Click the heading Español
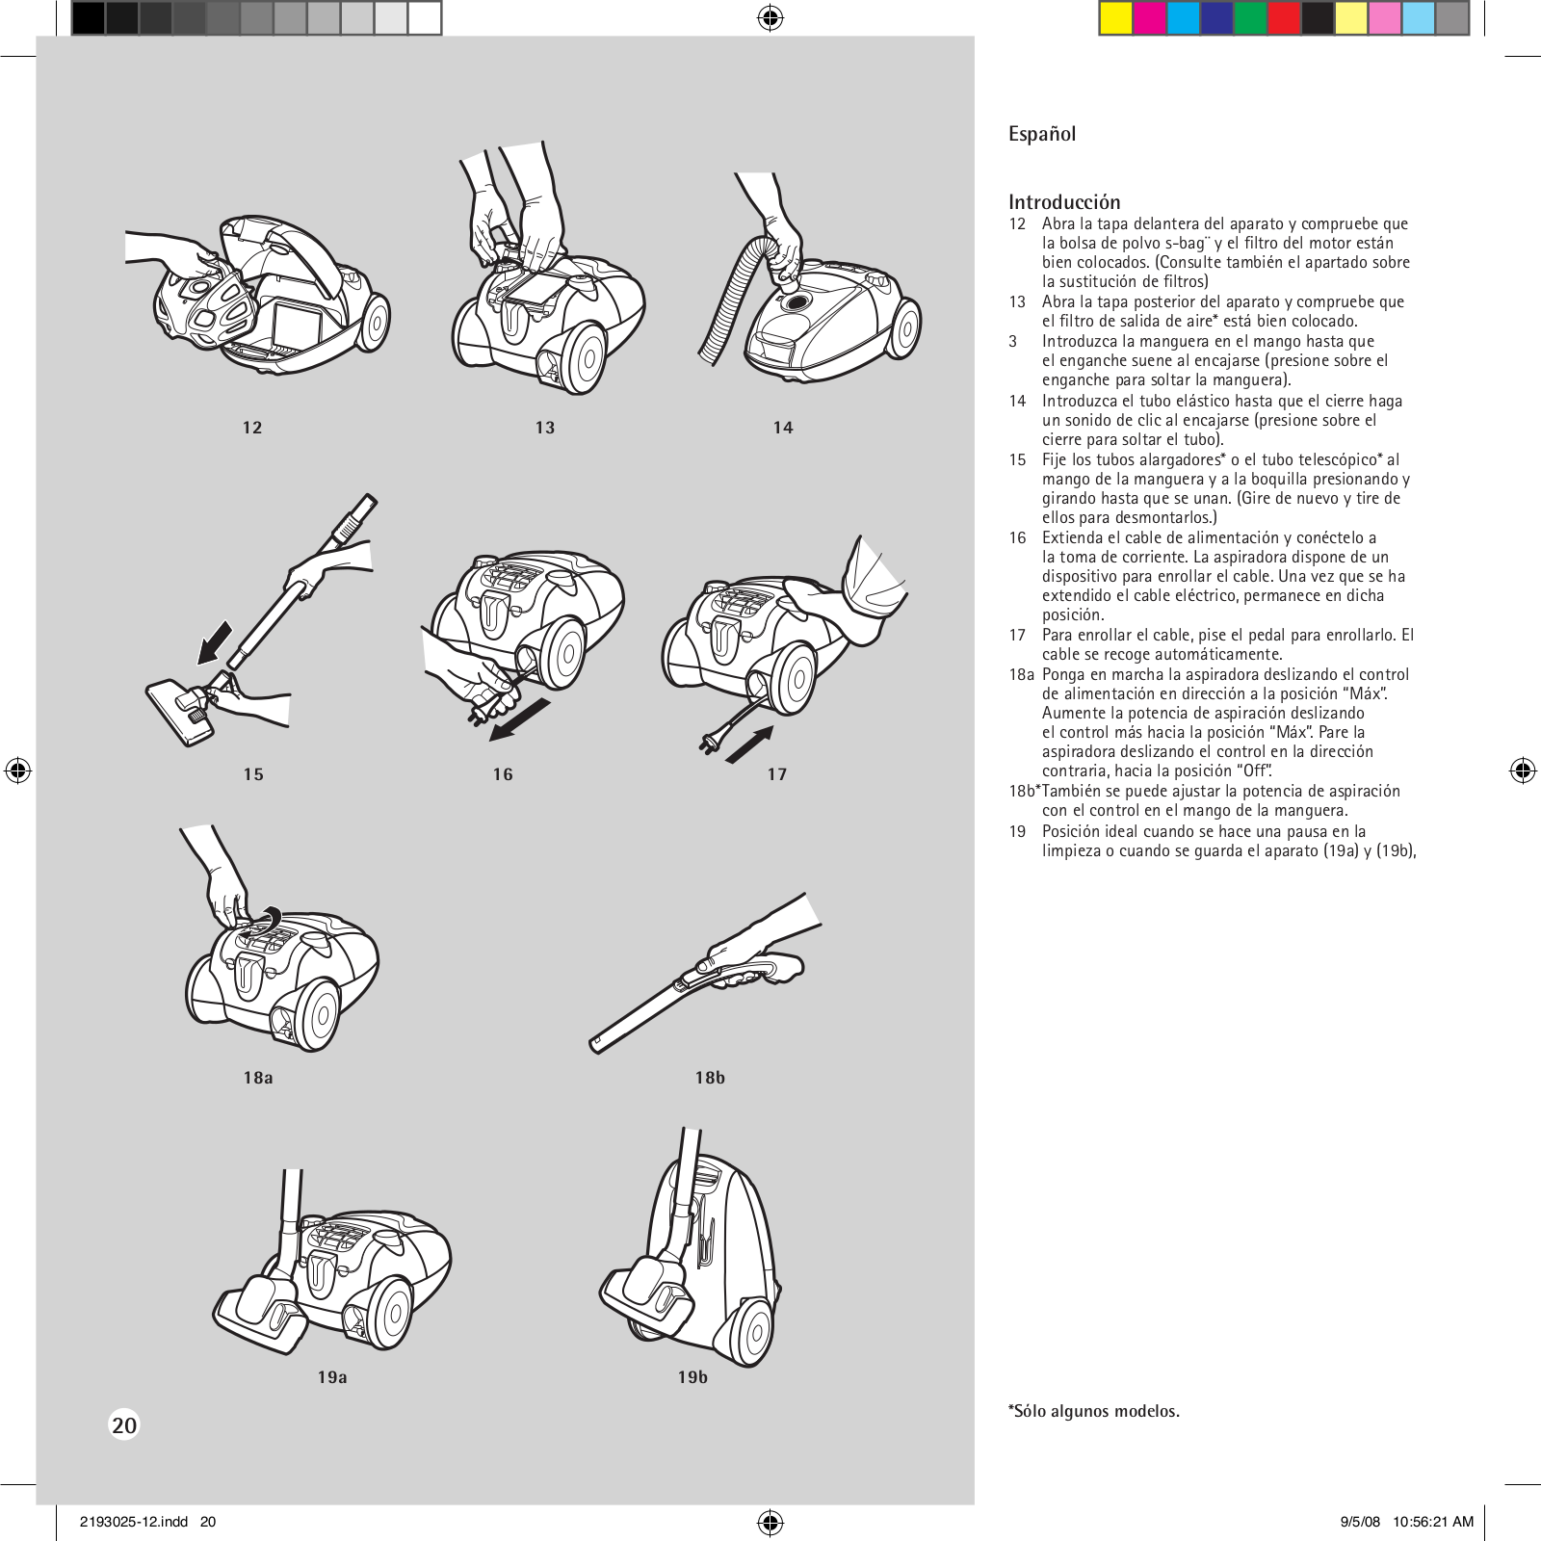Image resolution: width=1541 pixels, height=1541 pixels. [1041, 134]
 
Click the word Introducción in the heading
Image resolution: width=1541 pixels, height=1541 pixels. [1064, 202]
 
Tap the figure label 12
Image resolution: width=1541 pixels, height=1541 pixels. [252, 428]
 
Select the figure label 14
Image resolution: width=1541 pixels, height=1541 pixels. [783, 428]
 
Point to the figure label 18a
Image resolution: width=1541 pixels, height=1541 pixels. [258, 1078]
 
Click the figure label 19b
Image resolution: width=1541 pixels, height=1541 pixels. [692, 1377]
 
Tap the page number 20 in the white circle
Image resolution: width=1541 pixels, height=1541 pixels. [124, 1424]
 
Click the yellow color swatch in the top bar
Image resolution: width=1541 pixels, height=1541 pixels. [1115, 18]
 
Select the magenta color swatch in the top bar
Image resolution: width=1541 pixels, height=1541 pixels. [1149, 18]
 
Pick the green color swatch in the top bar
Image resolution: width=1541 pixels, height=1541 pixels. [1250, 18]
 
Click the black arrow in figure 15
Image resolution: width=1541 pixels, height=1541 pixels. [215, 642]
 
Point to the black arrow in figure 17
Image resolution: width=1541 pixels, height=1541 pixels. [750, 744]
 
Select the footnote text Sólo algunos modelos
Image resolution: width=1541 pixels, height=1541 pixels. [1095, 1411]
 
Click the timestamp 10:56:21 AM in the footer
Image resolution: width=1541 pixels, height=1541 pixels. [1433, 1522]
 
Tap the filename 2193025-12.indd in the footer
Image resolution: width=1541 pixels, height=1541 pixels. [134, 1522]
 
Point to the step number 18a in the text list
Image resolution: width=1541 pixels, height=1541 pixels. [1021, 674]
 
